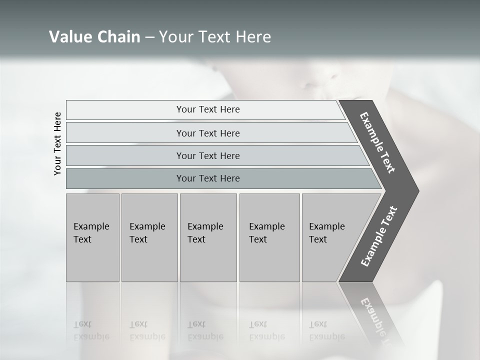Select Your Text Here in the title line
point(215,37)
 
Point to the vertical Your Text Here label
point(57,144)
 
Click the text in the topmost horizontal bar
point(208,109)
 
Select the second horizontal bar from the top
point(208,133)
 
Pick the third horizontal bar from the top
point(208,155)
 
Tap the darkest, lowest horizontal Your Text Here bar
point(208,178)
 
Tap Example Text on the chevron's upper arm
point(377,142)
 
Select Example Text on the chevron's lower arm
point(378,236)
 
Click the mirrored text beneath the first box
point(91,330)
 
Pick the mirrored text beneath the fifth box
point(327,330)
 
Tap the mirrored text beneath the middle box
point(205,330)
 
